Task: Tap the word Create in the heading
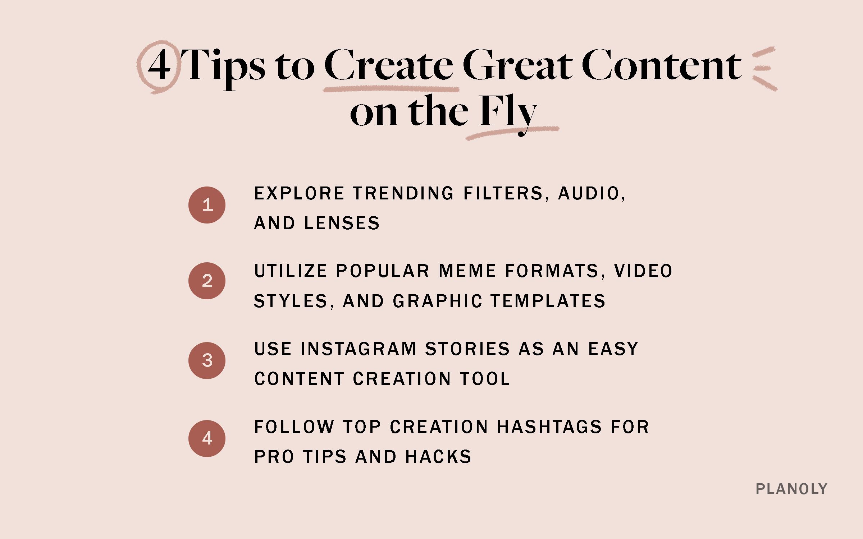(388, 65)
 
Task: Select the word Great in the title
(517, 65)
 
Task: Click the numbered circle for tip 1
(207, 205)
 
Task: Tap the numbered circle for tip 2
(207, 281)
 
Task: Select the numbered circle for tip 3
(207, 360)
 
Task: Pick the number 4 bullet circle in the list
(207, 438)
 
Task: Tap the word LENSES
(342, 223)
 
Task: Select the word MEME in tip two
(468, 271)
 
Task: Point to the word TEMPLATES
(548, 301)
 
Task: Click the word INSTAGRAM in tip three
(359, 349)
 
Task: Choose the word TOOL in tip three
(485, 379)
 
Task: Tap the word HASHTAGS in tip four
(549, 427)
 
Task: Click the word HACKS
(438, 457)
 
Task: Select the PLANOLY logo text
(791, 489)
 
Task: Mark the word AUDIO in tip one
(592, 194)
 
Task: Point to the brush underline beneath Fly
(512, 133)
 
